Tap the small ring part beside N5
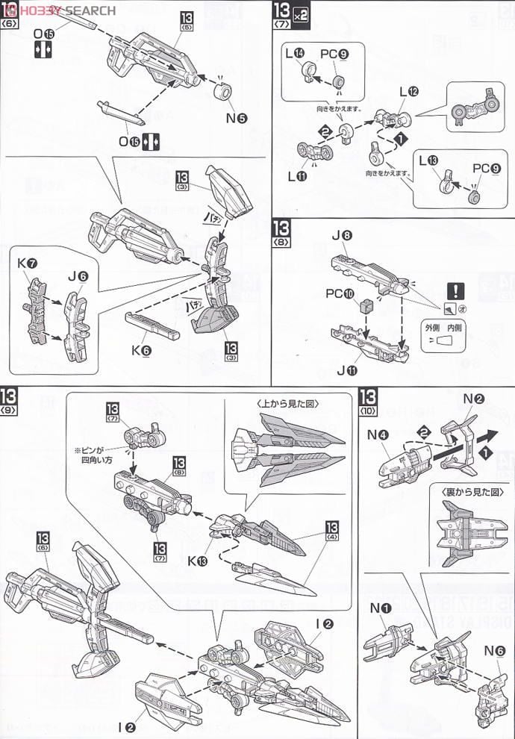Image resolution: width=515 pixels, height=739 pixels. (x=223, y=92)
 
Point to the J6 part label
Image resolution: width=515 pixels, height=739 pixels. (x=78, y=276)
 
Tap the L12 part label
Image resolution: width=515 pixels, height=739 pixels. (x=408, y=91)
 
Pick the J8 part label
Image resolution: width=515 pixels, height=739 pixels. (x=342, y=236)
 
